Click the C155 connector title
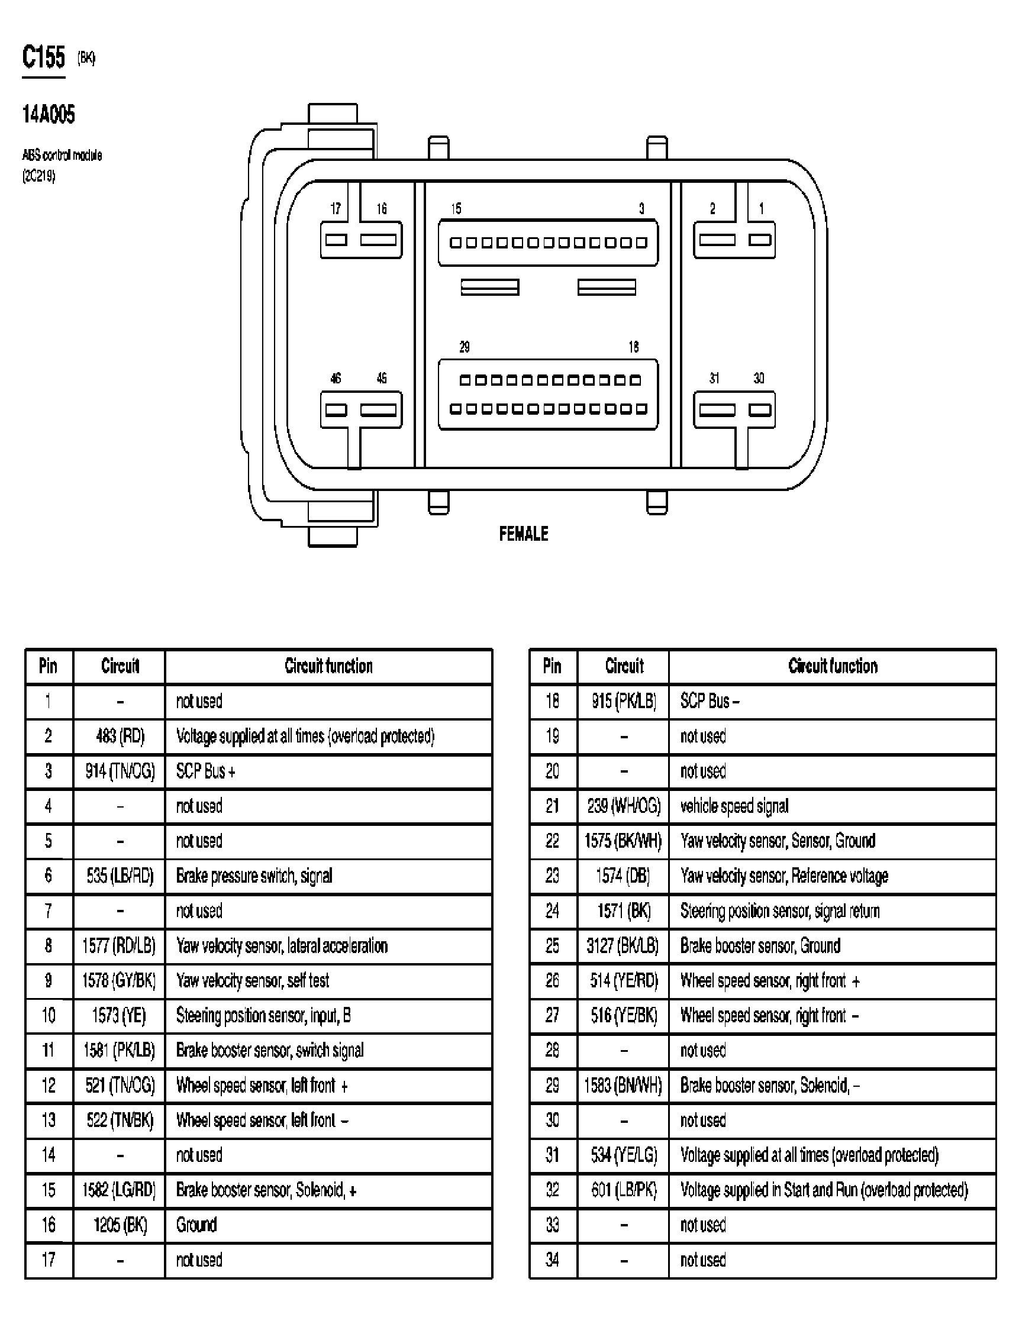44,57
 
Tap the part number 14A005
49,114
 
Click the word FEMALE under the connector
524,534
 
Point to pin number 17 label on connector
336,209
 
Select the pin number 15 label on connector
456,209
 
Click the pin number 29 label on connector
465,347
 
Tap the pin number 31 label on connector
714,378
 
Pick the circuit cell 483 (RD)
120,736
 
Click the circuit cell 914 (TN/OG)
120,771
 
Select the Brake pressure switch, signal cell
254,876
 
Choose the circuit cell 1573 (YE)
119,1015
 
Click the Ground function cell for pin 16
196,1225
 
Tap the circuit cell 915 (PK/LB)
624,702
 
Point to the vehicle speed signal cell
734,806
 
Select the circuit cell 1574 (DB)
623,876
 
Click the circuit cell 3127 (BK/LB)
623,946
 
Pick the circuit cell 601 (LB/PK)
624,1190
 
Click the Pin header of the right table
552,666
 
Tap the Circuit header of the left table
120,666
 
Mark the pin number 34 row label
552,1260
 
